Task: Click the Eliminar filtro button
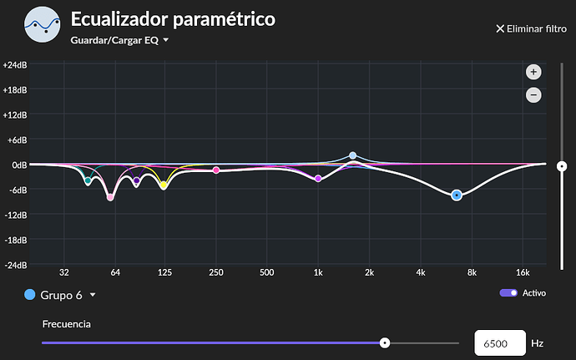pyautogui.click(x=531, y=28)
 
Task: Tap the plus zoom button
pyautogui.click(x=533, y=72)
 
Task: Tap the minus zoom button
pyautogui.click(x=533, y=95)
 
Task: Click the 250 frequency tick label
pyautogui.click(x=216, y=273)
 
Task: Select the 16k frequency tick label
pyautogui.click(x=523, y=273)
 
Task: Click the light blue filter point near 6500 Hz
pyautogui.click(x=457, y=195)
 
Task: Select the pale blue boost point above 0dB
pyautogui.click(x=353, y=155)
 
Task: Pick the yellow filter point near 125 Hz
pyautogui.click(x=164, y=185)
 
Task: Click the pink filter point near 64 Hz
pyautogui.click(x=110, y=197)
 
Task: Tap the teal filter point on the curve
pyautogui.click(x=88, y=180)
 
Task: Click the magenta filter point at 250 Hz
pyautogui.click(x=216, y=170)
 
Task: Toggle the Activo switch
pyautogui.click(x=508, y=293)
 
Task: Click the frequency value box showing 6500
pyautogui.click(x=499, y=342)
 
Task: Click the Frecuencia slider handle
pyautogui.click(x=385, y=342)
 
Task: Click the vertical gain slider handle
pyautogui.click(x=562, y=165)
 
